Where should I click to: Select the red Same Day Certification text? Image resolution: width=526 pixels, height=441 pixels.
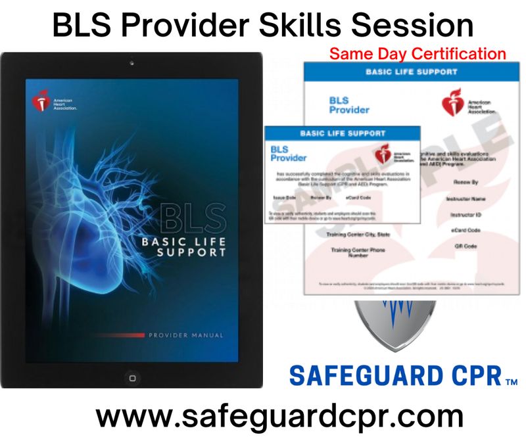pos(418,53)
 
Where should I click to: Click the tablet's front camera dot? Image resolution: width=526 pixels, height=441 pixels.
pos(131,63)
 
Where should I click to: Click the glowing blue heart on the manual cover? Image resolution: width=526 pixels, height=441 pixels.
pos(99,217)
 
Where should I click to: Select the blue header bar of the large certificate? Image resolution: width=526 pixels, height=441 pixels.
pos(402,71)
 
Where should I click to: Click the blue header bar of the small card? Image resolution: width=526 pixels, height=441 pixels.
pos(342,132)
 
